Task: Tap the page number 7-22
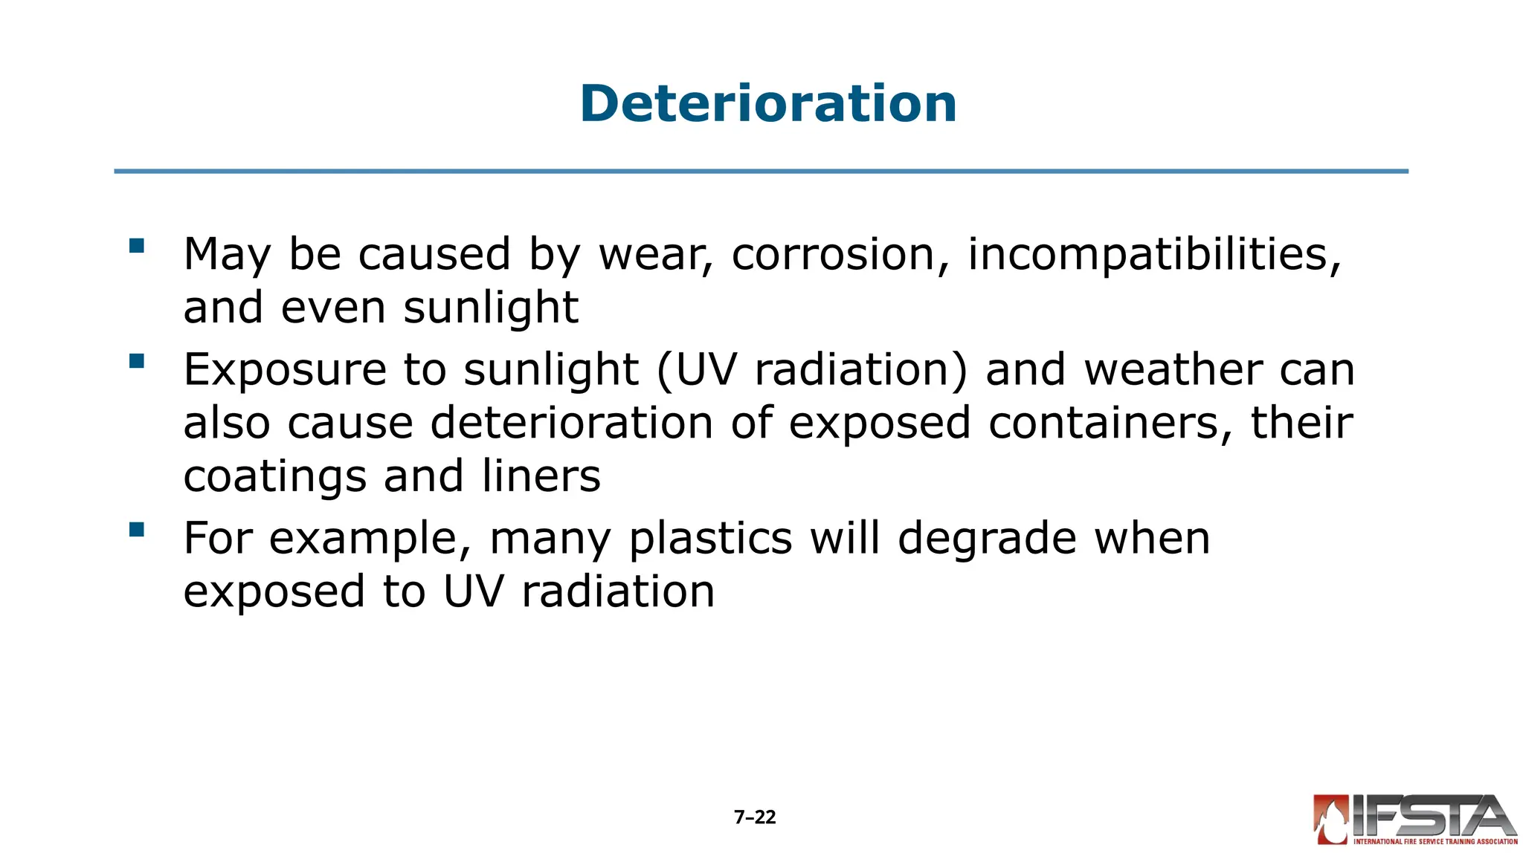pos(755,817)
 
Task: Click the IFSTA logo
pos(1415,820)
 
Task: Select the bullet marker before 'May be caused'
pos(136,246)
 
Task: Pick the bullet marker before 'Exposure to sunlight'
pos(136,361)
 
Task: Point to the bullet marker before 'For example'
pos(136,530)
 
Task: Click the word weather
pos(1173,369)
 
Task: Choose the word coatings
pos(274,478)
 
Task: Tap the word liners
pos(541,476)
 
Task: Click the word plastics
pos(710,539)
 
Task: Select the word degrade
pos(987,539)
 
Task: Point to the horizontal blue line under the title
pos(761,172)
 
